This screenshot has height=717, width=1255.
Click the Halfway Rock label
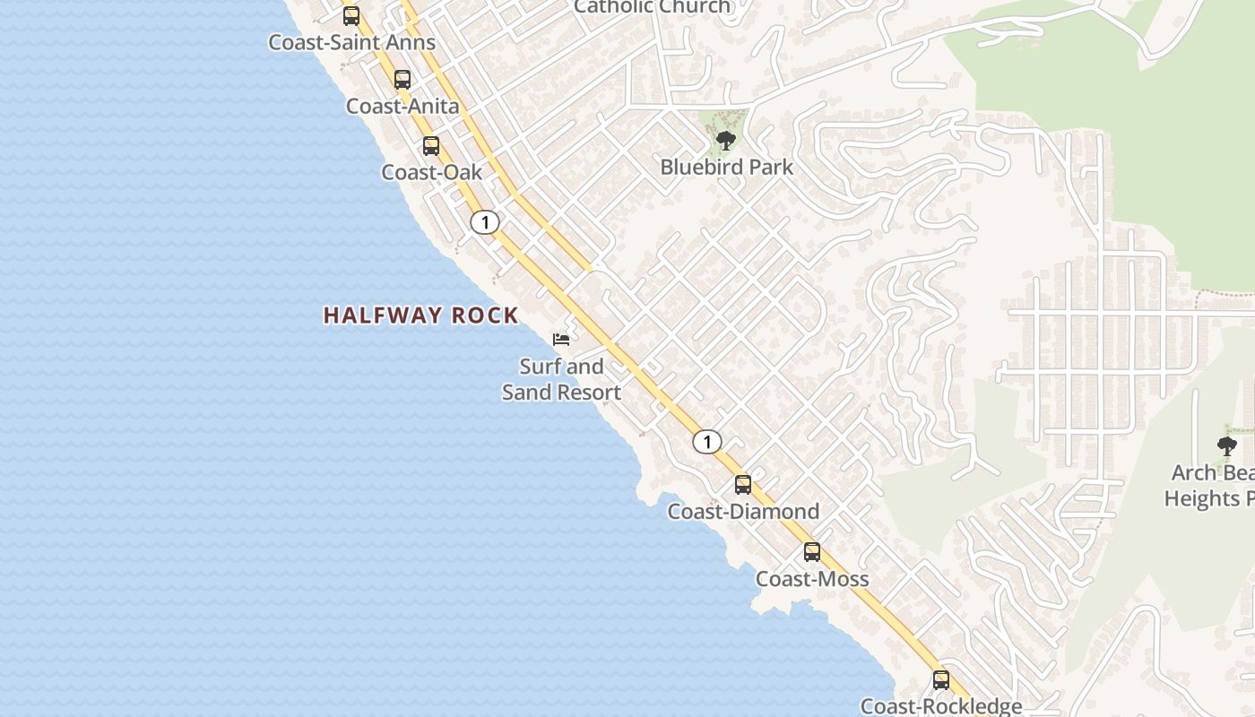click(x=420, y=315)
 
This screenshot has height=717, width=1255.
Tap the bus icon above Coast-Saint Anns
click(x=351, y=15)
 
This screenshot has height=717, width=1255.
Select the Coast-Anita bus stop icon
click(x=402, y=79)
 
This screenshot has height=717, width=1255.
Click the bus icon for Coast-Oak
click(x=431, y=145)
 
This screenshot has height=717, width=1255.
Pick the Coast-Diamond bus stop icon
click(x=743, y=485)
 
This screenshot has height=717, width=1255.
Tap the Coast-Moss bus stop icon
click(x=812, y=552)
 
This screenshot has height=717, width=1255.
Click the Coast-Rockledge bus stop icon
click(x=941, y=679)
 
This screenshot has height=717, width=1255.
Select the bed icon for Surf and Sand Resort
click(x=561, y=339)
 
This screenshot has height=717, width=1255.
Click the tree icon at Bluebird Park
click(x=726, y=140)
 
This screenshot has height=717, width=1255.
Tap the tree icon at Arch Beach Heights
click(x=1227, y=445)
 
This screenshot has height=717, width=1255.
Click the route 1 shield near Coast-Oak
click(x=485, y=222)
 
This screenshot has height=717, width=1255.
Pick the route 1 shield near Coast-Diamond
click(x=707, y=442)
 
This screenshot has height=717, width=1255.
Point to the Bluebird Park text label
click(x=726, y=167)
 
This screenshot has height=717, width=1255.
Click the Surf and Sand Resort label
click(x=561, y=379)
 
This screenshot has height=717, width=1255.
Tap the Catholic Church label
click(x=652, y=7)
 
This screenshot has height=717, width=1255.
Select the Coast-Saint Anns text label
click(x=351, y=42)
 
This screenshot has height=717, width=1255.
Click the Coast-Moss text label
click(x=812, y=579)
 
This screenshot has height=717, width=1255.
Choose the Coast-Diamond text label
click(x=743, y=512)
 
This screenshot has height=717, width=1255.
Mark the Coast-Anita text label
click(x=402, y=106)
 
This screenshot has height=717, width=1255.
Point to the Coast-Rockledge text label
click(x=941, y=706)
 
